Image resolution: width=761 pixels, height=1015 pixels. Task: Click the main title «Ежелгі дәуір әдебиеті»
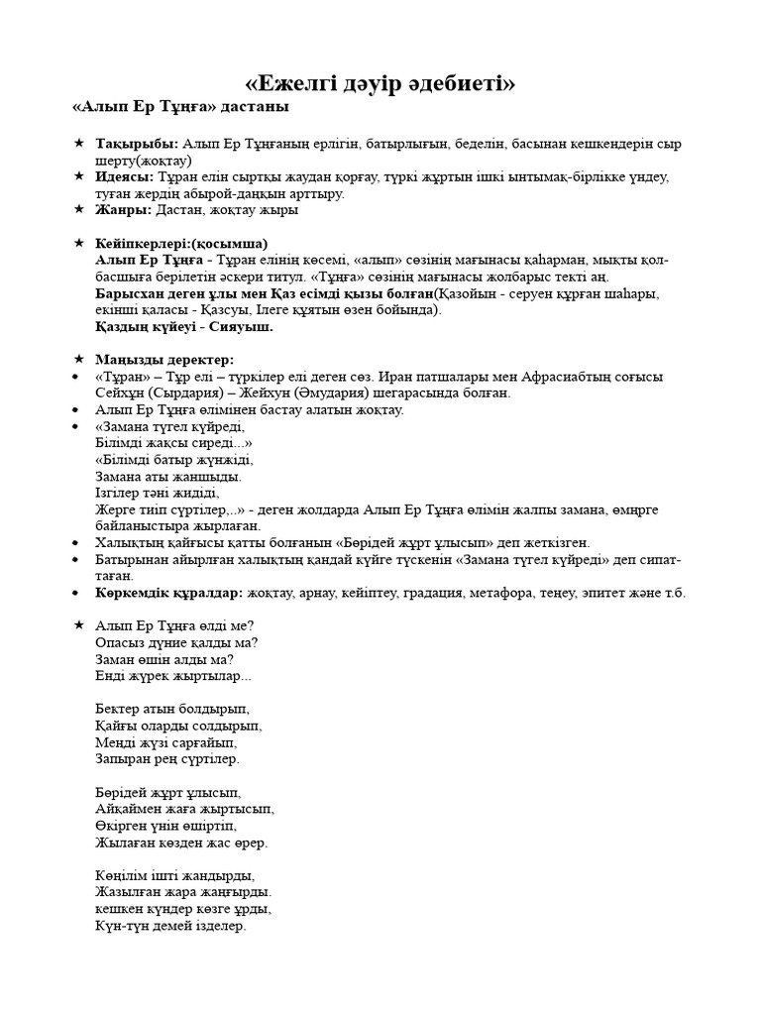tap(380, 83)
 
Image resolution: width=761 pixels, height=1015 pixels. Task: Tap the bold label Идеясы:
tap(126, 176)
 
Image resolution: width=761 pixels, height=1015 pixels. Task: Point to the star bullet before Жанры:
tap(79, 209)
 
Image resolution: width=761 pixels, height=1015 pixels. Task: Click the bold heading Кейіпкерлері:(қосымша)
tap(181, 243)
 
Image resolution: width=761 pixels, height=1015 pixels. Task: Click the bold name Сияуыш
tap(242, 326)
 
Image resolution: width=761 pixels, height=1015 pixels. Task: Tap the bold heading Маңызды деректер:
tap(164, 359)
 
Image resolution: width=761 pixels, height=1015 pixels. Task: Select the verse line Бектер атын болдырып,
tap(172, 709)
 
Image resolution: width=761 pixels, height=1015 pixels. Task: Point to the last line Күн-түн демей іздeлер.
tap(170, 926)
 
